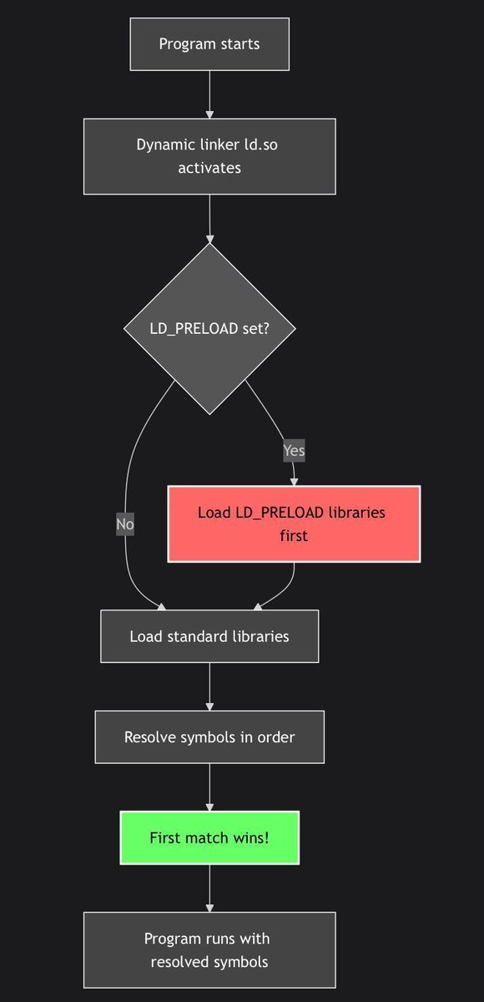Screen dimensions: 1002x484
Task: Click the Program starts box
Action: [209, 44]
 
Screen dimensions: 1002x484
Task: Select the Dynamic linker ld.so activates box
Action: [209, 156]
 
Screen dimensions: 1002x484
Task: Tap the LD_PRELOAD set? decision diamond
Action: [209, 328]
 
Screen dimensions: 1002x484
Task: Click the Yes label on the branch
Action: [294, 451]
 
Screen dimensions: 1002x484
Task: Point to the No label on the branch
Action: [125, 524]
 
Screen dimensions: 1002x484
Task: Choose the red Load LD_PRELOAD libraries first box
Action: [294, 524]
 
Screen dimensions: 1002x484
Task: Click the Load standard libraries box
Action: [209, 636]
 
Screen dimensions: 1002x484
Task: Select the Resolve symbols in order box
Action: [209, 737]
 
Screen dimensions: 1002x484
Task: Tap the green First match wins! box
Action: [209, 837]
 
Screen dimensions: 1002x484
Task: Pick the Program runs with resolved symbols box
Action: [209, 950]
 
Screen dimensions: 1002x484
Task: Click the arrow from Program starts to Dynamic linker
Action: [209, 94]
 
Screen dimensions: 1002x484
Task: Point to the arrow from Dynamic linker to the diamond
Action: [209, 218]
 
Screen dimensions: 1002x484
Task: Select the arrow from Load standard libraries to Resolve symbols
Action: [209, 686]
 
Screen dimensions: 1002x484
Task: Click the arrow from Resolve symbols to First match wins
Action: [209, 787]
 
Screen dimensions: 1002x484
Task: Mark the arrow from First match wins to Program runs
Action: [209, 888]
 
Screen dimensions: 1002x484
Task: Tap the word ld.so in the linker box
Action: [260, 144]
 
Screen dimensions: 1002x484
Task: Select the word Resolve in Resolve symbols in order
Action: [149, 737]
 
